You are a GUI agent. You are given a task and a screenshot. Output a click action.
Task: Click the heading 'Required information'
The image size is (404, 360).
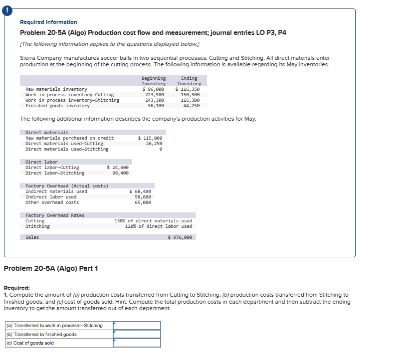(48, 22)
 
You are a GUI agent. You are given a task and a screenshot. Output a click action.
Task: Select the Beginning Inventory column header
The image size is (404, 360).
(153, 81)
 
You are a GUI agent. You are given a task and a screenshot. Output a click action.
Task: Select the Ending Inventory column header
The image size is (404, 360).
(189, 81)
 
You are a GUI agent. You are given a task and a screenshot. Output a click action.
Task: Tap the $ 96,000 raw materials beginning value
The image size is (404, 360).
(153, 89)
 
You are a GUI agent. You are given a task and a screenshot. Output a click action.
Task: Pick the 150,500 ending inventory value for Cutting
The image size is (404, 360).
(190, 95)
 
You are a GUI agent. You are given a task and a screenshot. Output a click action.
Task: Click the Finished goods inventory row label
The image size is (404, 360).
(57, 106)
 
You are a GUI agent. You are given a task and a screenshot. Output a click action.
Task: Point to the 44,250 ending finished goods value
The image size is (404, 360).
(192, 106)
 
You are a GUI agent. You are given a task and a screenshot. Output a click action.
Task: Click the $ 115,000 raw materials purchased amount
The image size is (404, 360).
(150, 138)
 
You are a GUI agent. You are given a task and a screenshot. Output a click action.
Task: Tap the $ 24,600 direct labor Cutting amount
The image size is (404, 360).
(118, 168)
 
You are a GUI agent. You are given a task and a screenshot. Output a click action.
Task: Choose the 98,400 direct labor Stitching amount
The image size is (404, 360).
(120, 173)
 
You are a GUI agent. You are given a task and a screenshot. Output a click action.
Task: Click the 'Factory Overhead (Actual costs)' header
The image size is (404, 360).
(67, 186)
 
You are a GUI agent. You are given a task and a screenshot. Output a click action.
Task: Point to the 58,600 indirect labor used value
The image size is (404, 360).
(143, 197)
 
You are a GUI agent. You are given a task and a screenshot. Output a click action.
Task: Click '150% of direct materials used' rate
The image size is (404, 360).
(153, 221)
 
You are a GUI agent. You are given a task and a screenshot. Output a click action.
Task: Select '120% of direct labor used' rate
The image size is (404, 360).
(158, 226)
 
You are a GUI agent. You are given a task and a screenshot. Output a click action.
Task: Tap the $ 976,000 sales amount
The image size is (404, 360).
(180, 237)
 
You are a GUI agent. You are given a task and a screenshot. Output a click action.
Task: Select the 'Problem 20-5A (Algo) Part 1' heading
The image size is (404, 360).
(51, 269)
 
